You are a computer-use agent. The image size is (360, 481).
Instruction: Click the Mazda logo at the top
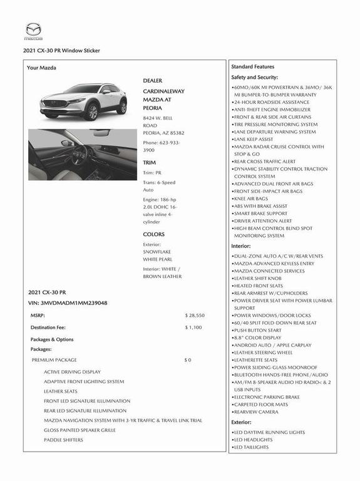(x=33, y=30)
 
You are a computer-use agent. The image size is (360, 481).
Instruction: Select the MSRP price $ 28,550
(x=195, y=316)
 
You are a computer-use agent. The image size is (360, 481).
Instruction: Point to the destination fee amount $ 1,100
(x=193, y=328)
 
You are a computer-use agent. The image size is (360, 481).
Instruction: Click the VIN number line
(x=68, y=303)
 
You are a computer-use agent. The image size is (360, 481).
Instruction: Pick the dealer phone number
(x=162, y=147)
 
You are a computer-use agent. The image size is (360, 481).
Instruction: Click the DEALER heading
(x=153, y=81)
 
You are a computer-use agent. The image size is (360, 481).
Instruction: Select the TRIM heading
(x=150, y=162)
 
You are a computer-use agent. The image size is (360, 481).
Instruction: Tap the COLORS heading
(x=154, y=234)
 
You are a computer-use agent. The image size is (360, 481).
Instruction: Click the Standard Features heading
(x=252, y=66)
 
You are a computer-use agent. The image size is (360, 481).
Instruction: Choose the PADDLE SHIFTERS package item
(x=63, y=440)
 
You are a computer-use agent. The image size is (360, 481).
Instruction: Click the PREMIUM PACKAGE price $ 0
(x=188, y=360)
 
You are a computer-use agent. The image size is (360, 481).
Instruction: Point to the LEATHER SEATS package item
(x=61, y=391)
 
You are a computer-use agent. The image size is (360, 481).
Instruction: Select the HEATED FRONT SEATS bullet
(x=258, y=286)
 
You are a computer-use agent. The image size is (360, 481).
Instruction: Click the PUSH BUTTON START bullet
(x=257, y=330)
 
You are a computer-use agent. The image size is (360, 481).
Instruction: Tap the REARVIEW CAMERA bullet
(x=256, y=411)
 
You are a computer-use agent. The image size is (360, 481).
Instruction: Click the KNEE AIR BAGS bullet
(x=250, y=199)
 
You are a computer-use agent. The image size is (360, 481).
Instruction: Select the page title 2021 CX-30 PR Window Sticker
(x=61, y=51)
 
